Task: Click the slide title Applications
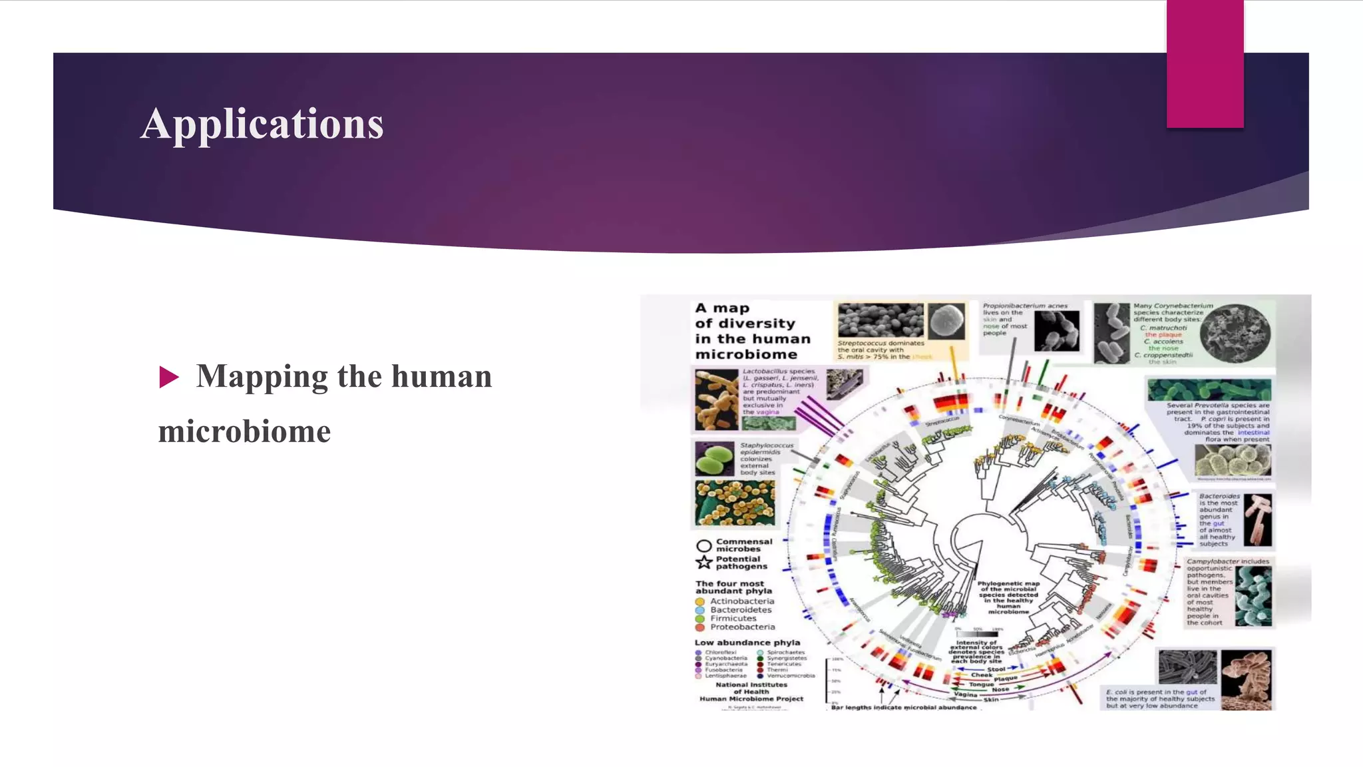(262, 124)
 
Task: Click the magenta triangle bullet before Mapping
(169, 377)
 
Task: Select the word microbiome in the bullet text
(244, 431)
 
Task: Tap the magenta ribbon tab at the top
(1205, 64)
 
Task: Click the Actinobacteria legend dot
(700, 602)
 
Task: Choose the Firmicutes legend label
(733, 619)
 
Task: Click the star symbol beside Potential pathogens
(703, 563)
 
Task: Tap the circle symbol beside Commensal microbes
(703, 546)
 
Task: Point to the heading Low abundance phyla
(747, 643)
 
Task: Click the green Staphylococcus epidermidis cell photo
(715, 459)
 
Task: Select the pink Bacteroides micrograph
(1257, 520)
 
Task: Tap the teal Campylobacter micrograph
(1253, 596)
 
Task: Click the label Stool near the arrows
(996, 669)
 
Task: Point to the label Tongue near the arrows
(981, 684)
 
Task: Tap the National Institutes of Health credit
(751, 692)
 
